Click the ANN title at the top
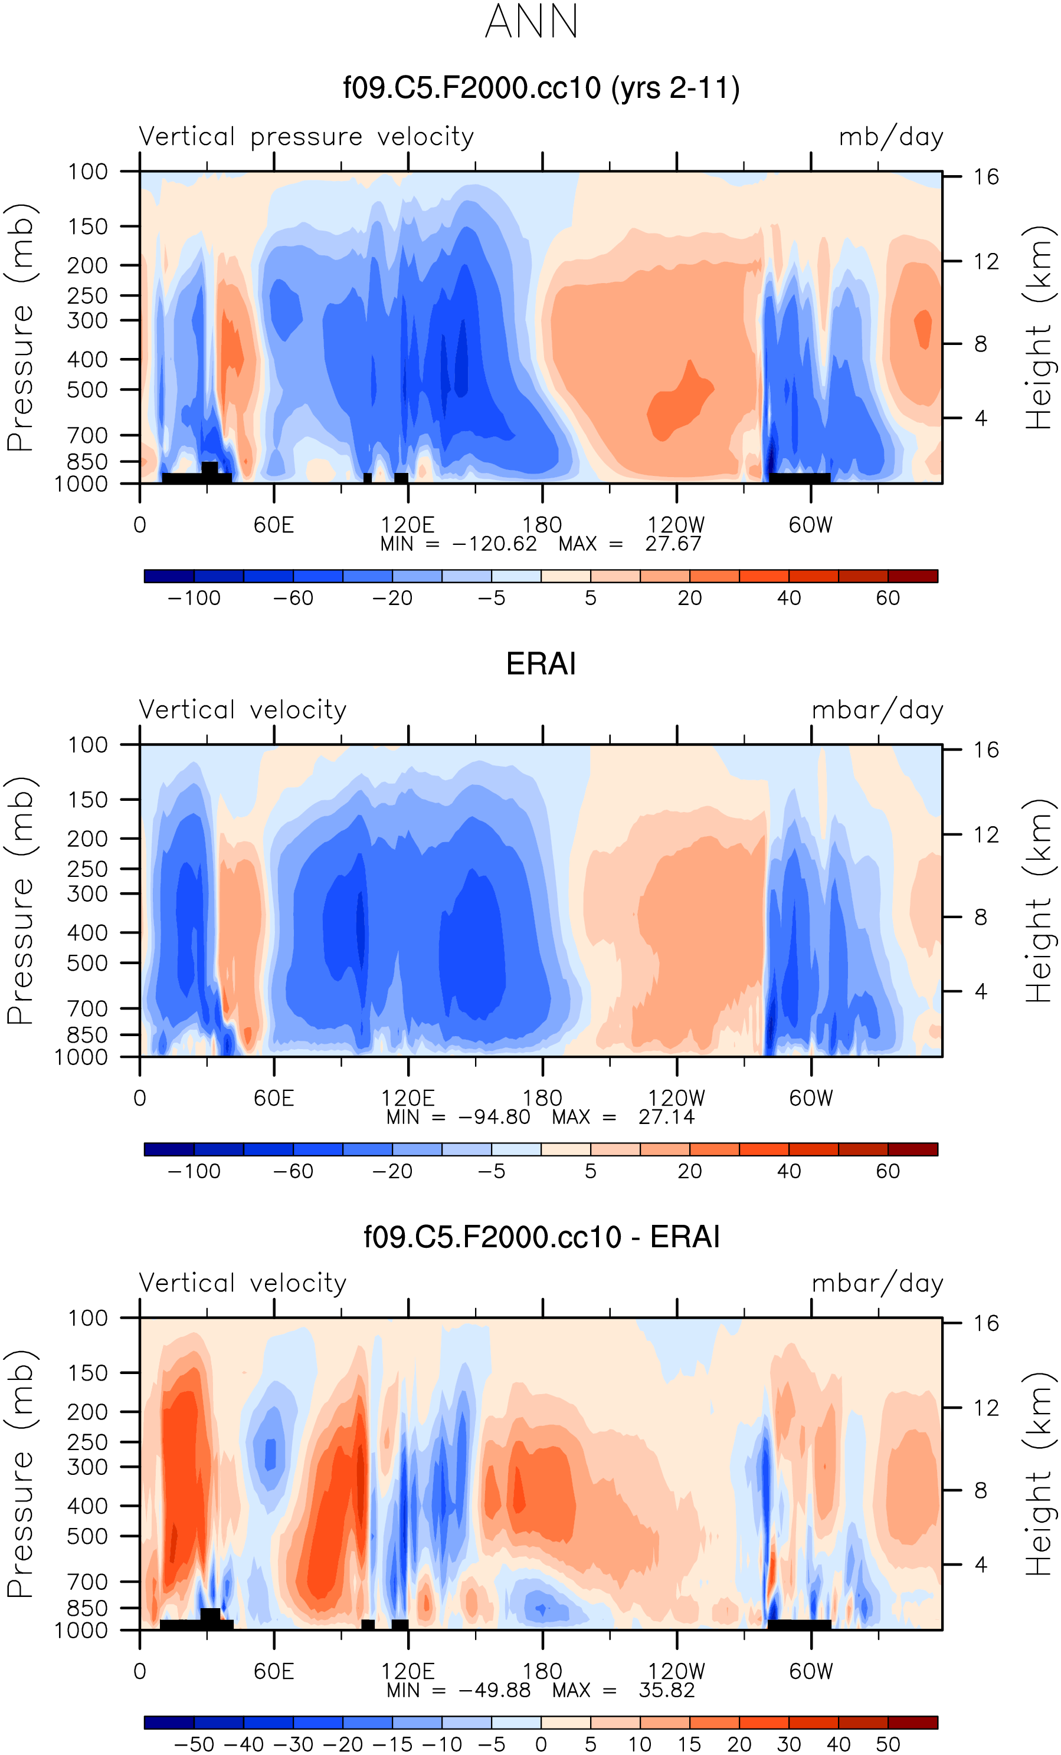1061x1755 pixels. (x=531, y=21)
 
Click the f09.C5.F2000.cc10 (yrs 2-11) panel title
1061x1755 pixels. (x=541, y=88)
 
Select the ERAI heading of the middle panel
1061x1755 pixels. (x=541, y=664)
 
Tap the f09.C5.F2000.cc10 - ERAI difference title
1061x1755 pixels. (x=541, y=1237)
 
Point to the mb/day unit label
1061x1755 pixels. (x=890, y=137)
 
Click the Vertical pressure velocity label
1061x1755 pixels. (x=306, y=137)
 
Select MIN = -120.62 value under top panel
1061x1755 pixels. (x=458, y=544)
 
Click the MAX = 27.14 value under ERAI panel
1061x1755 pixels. (x=624, y=1117)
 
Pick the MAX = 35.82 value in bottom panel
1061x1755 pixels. (x=624, y=1690)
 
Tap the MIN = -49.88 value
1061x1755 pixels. (x=458, y=1690)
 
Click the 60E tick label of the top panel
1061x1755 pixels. (x=274, y=525)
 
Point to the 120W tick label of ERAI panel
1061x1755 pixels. (x=676, y=1098)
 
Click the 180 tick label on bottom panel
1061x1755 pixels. (x=542, y=1671)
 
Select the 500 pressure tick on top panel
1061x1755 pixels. (x=88, y=390)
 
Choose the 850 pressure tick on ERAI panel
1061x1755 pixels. (x=88, y=1035)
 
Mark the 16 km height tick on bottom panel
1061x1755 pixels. (x=986, y=1323)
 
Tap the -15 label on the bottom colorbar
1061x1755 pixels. (x=392, y=1744)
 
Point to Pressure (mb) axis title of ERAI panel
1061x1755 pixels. (x=20, y=900)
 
